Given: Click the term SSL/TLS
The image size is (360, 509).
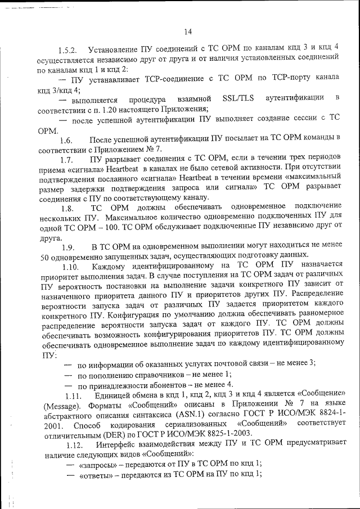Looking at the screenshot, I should (x=238, y=100).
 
